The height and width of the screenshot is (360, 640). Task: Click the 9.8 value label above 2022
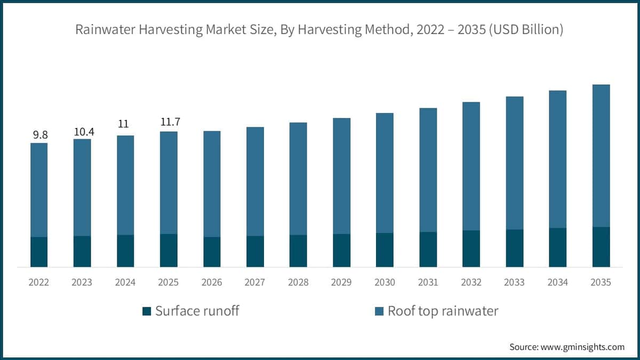(x=40, y=135)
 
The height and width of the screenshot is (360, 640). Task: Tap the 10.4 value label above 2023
(x=83, y=131)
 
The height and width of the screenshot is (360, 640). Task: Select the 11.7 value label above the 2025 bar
(x=170, y=122)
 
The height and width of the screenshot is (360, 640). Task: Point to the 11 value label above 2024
(x=124, y=124)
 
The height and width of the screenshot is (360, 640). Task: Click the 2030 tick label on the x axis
(x=385, y=282)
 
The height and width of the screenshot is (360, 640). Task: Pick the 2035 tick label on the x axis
(x=601, y=282)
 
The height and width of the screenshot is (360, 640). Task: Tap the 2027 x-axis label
(x=255, y=282)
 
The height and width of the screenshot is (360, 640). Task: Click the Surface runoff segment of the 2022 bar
(x=39, y=252)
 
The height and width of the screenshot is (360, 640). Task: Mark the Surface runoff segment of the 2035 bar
(x=601, y=247)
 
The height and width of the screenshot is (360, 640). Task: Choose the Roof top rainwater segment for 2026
(x=212, y=184)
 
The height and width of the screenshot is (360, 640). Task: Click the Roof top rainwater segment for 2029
(x=342, y=176)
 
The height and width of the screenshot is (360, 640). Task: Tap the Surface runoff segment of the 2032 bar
(x=471, y=249)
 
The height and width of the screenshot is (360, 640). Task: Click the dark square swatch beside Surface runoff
(x=147, y=311)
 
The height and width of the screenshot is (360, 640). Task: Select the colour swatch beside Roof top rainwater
(x=379, y=311)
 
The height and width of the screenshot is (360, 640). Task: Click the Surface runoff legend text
(x=197, y=311)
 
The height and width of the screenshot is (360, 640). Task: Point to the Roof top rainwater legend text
(x=443, y=311)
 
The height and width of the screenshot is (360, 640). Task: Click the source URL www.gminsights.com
(x=582, y=347)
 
